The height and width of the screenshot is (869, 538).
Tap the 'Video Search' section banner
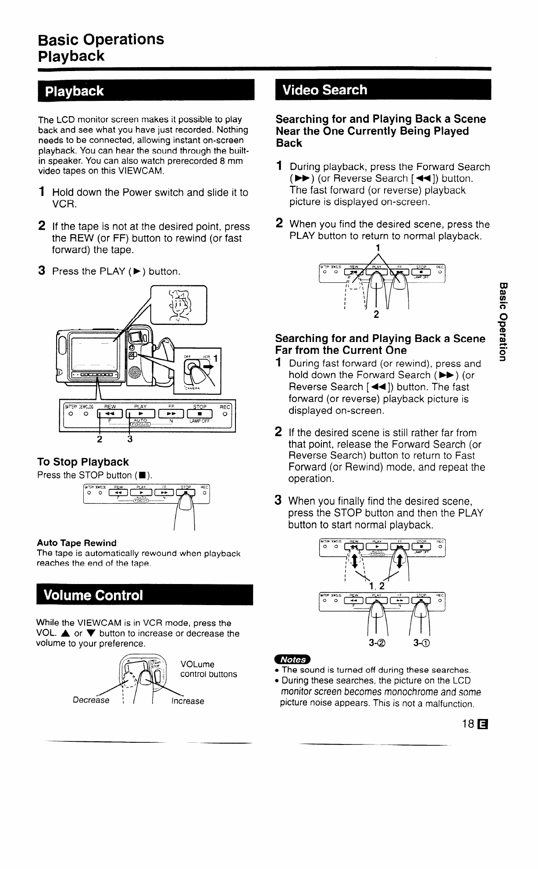tap(324, 90)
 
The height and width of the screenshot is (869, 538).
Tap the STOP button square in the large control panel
tap(200, 413)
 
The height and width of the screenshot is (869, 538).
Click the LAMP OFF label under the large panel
tap(200, 421)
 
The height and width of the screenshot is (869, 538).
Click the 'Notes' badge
tap(292, 659)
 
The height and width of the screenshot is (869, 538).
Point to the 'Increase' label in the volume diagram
tap(188, 701)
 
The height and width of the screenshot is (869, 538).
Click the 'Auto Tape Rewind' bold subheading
tap(77, 543)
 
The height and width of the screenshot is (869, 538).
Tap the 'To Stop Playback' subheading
tap(83, 462)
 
